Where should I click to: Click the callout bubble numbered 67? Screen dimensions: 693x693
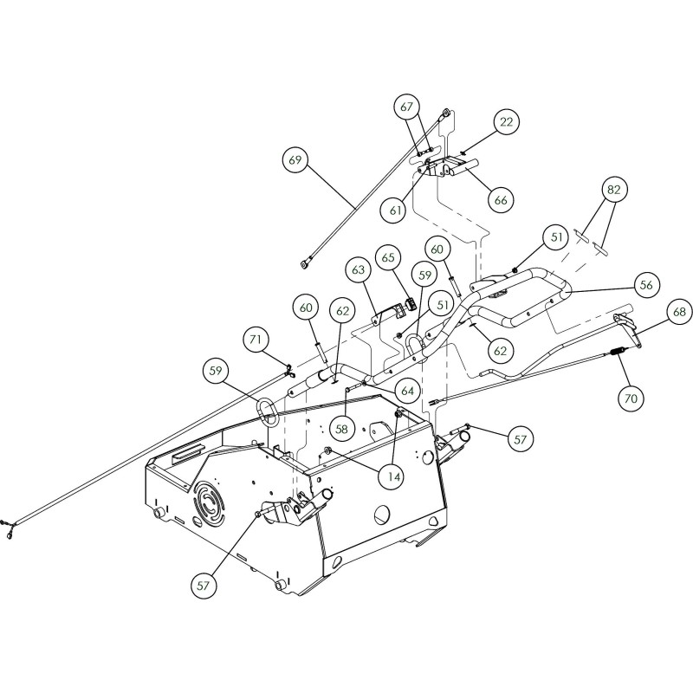click(408, 107)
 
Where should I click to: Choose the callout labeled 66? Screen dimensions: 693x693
click(501, 199)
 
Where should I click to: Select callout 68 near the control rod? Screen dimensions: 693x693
click(679, 311)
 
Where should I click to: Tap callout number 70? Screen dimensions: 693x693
click(630, 398)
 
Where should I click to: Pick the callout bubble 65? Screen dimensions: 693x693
click(387, 257)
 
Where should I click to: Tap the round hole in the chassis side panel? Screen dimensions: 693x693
click(379, 515)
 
